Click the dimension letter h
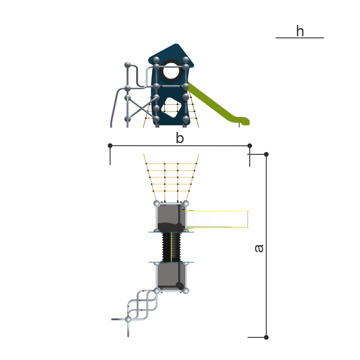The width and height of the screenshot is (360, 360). (300, 31)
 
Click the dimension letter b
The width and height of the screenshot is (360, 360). (180, 138)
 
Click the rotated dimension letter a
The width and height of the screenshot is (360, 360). (259, 248)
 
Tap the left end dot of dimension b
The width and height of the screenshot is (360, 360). (110, 145)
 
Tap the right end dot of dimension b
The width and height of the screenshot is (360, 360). (250, 145)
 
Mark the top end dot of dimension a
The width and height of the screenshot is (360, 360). (266, 154)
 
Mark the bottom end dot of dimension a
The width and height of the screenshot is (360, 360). (266, 337)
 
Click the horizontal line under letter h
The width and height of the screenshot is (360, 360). (300, 38)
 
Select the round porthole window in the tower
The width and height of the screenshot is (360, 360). (171, 70)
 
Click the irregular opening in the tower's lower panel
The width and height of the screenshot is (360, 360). (171, 108)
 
